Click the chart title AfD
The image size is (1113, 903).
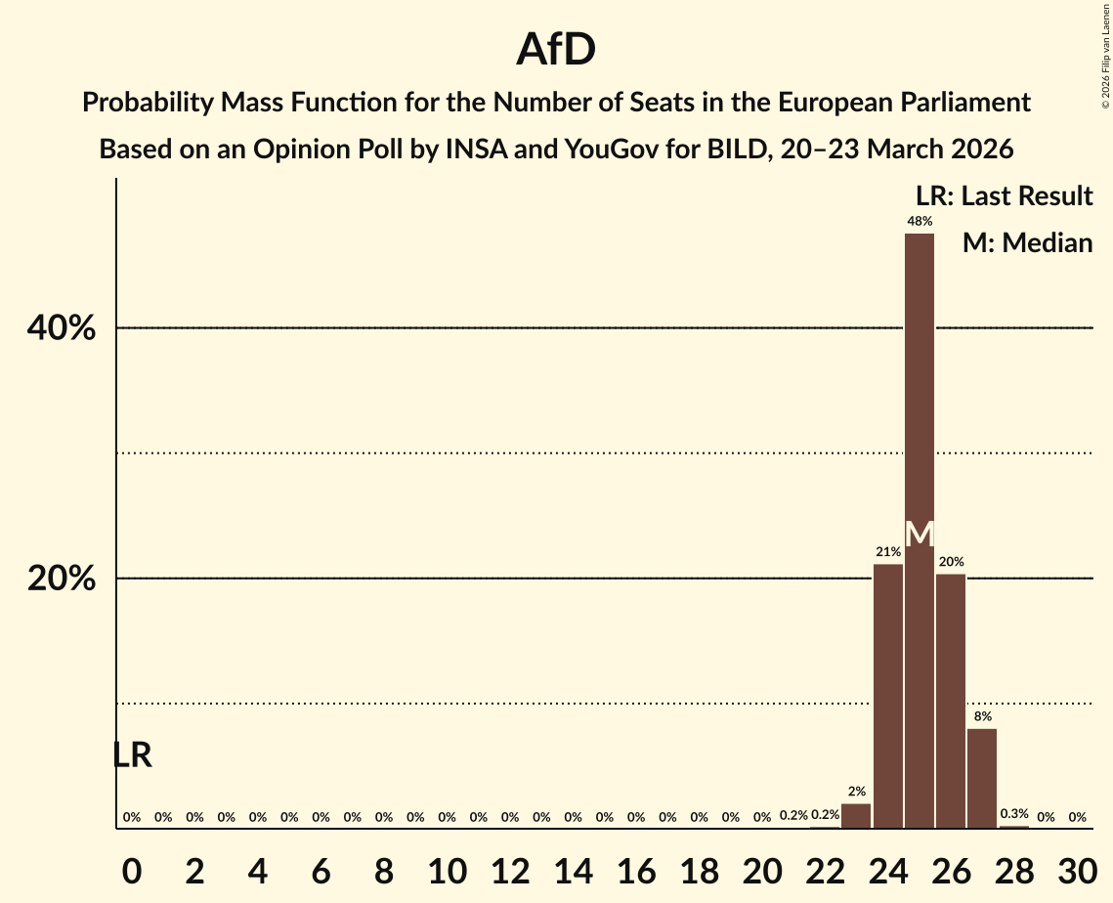point(556,49)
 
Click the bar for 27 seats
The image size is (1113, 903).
point(982,778)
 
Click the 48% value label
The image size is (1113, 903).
point(919,222)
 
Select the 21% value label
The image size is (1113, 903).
point(887,552)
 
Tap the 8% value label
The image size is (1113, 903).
point(982,716)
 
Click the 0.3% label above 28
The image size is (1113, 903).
point(1014,814)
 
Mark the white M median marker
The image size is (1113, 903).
point(919,535)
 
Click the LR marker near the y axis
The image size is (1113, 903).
point(132,755)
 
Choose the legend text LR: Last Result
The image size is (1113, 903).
point(1004,196)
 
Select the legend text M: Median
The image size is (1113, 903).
point(1027,243)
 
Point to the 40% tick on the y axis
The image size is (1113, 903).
point(62,329)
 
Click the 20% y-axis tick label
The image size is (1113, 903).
point(62,580)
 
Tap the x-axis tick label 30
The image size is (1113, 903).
point(1077,869)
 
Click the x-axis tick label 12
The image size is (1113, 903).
point(509,869)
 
